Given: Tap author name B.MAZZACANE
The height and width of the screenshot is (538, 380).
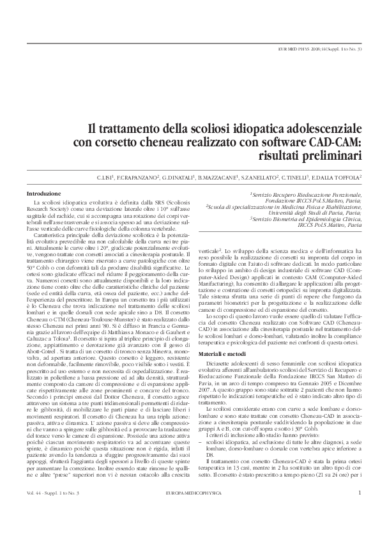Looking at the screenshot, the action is point(218,177).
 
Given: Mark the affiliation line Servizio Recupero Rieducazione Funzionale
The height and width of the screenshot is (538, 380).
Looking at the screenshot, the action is point(308,194).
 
